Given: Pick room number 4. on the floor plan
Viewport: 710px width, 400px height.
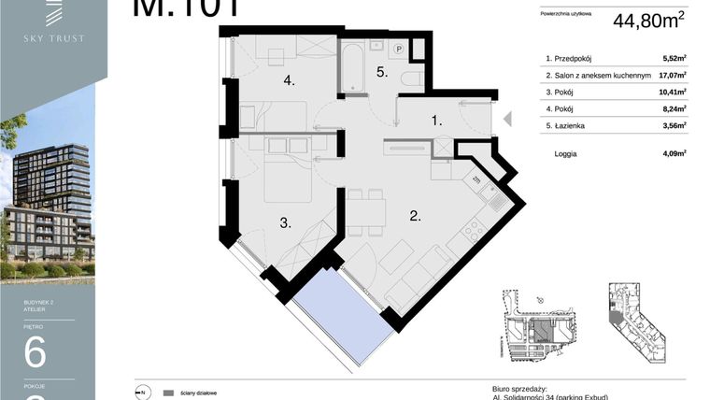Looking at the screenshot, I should (x=290, y=81).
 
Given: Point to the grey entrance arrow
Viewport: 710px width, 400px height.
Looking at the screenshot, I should (x=507, y=119).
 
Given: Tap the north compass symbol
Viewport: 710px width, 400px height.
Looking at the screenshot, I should (x=141, y=393).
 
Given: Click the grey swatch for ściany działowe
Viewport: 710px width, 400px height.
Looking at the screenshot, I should (x=168, y=393).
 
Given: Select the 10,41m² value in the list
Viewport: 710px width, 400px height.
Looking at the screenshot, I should (x=673, y=92).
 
